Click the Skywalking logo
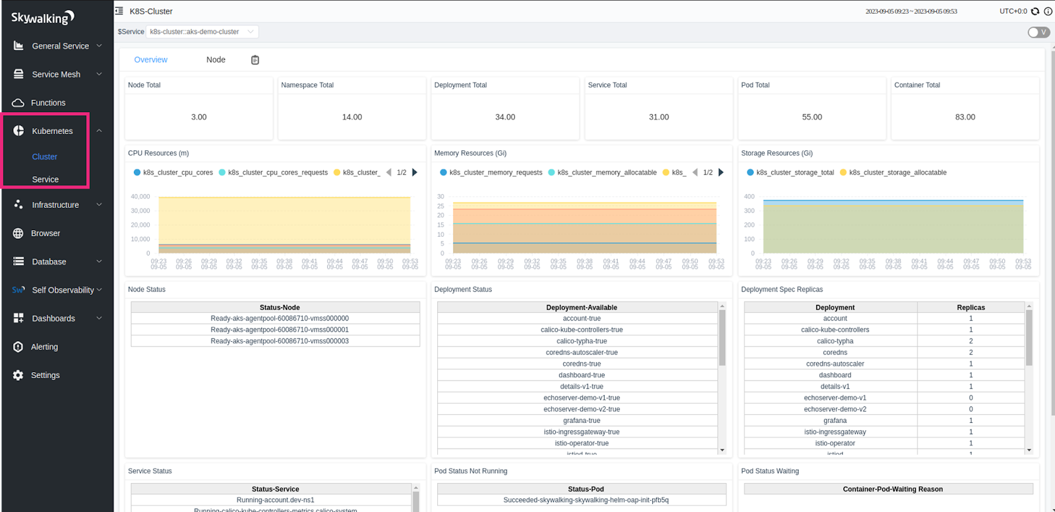click(43, 18)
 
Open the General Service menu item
click(60, 46)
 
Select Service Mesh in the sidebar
click(56, 75)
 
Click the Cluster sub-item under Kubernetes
click(45, 157)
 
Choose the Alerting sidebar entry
click(44, 347)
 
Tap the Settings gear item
click(45, 375)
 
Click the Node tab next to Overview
click(216, 60)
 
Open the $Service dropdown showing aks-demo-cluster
click(202, 32)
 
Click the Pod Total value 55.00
click(812, 117)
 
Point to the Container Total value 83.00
click(965, 117)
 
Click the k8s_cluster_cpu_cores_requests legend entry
click(277, 173)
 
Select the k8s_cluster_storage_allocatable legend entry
click(897, 173)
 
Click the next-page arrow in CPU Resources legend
click(415, 173)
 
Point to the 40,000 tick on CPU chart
click(140, 197)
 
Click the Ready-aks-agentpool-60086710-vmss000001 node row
click(280, 330)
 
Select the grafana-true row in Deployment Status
click(582, 421)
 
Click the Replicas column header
click(971, 307)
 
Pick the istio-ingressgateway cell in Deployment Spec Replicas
click(835, 432)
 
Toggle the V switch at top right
click(1039, 32)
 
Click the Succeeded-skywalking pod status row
click(586, 500)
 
